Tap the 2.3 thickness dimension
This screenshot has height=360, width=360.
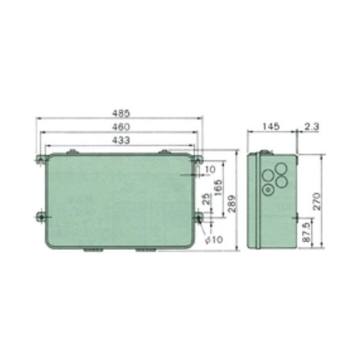point(311,127)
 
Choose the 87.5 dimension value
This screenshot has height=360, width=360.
point(308,231)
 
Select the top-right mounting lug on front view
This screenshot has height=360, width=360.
point(197,159)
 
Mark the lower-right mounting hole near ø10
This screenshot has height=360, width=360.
point(198,217)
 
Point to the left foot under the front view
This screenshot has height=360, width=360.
point(89,250)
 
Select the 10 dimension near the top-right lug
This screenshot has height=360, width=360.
point(209,170)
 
